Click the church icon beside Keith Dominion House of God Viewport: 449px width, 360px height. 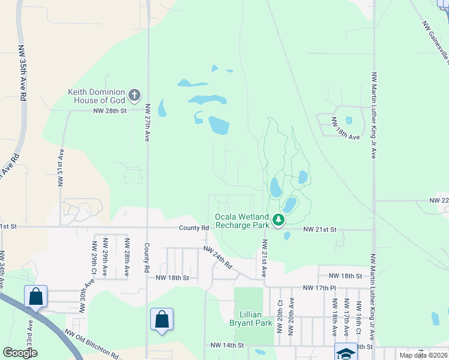[134, 95]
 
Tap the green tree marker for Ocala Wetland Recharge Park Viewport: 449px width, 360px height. [279, 221]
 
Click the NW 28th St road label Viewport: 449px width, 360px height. [110, 111]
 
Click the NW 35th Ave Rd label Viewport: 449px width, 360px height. [23, 72]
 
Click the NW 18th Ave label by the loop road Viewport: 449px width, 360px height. [346, 137]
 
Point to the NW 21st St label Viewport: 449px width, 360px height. [320, 230]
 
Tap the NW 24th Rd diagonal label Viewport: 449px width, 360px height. [218, 256]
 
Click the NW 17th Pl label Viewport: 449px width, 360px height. [319, 288]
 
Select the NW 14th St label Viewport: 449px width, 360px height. [228, 346]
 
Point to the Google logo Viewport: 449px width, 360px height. [20, 353]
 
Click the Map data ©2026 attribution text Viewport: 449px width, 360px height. [423, 355]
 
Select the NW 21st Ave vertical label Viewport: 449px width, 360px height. [264, 257]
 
